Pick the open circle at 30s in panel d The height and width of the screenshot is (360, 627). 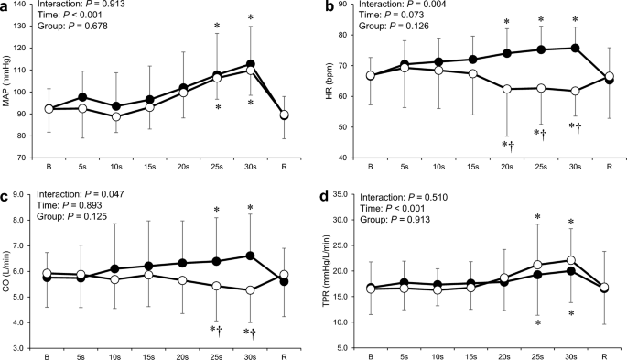point(575,260)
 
